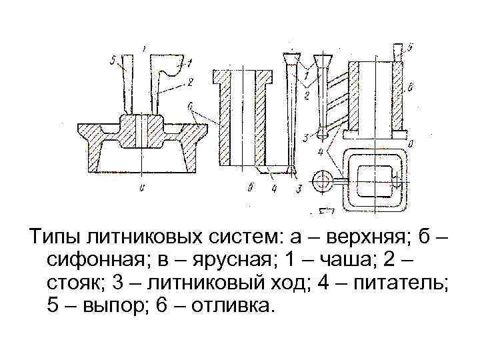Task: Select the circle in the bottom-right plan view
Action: point(325,179)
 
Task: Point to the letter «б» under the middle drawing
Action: point(249,189)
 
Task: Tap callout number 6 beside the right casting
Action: point(411,87)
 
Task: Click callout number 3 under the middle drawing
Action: point(298,189)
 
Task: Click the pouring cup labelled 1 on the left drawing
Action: point(167,63)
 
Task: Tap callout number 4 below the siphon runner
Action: point(273,189)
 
